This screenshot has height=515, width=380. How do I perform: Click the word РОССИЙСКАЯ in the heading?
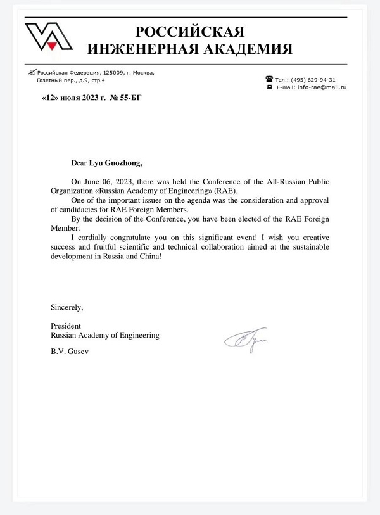tap(189, 32)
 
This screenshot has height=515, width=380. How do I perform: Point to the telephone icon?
tap(269, 79)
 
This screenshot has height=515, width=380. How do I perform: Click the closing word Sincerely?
tap(66, 307)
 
